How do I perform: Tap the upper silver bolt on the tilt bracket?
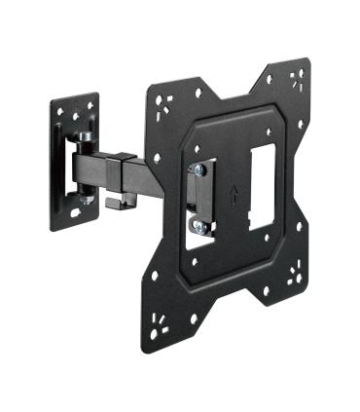coord(198,169)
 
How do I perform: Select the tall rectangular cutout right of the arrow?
coord(261,189)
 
